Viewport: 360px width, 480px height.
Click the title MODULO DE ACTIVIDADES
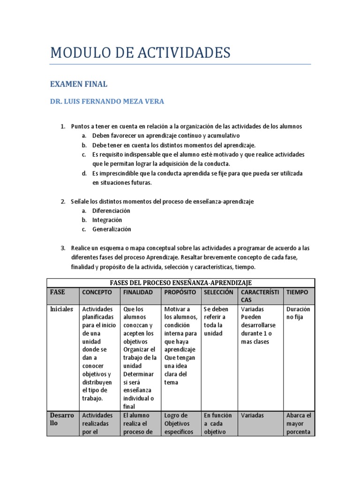[140, 52]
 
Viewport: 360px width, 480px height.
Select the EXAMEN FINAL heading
[79, 84]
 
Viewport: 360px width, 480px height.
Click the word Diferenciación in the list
[111, 210]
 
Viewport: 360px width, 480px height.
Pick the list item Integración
[107, 220]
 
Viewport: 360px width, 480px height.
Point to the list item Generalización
[112, 229]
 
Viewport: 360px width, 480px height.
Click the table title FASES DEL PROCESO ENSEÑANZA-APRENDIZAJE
[180, 282]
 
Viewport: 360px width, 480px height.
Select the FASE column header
[58, 292]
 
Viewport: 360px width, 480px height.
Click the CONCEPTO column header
[97, 292]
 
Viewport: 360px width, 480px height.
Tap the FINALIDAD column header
[138, 292]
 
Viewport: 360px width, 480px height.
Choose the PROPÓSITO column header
[180, 292]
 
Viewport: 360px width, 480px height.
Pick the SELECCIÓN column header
[218, 292]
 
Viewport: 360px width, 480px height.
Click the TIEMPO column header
[297, 292]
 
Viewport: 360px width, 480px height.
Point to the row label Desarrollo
[62, 419]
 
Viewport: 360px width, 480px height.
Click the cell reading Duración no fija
[298, 313]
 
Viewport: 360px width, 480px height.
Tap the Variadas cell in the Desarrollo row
[252, 415]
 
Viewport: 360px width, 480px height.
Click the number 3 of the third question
[63, 248]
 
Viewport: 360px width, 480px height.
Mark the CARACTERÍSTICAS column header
[260, 296]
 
